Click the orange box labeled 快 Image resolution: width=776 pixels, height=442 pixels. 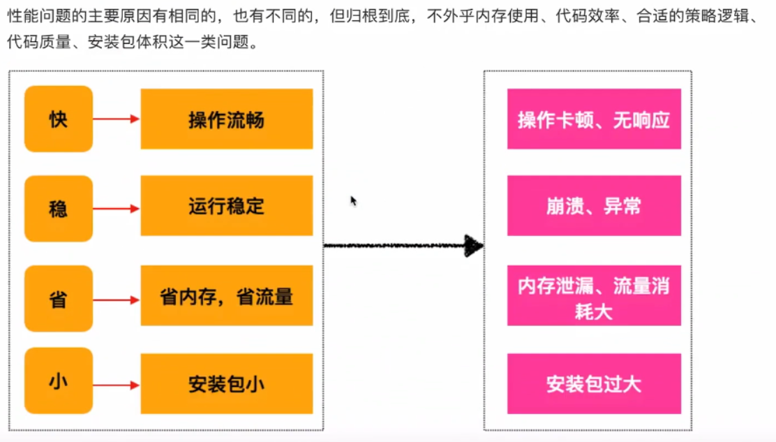point(59,119)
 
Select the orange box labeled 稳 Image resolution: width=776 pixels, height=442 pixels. point(59,208)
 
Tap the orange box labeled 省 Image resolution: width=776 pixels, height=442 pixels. point(59,299)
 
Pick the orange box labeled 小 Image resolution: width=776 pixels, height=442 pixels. point(59,381)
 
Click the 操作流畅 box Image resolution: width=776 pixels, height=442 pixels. point(226,119)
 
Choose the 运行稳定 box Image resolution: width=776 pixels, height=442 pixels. point(226,206)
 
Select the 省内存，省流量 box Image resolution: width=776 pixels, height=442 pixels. point(226,296)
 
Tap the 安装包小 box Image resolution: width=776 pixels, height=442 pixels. point(226,383)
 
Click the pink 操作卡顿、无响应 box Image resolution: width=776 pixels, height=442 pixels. point(594,119)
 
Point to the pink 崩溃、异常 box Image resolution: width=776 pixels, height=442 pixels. point(594,206)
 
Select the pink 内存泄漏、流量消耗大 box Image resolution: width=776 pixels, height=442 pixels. point(594,296)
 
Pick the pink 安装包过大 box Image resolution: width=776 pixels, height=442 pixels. point(594,383)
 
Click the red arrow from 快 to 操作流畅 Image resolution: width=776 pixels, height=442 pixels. point(116,119)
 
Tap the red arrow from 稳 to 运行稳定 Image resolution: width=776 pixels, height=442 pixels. point(116,208)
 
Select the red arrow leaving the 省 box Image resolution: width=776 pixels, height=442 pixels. point(116,300)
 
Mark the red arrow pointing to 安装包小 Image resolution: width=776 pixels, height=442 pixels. point(116,385)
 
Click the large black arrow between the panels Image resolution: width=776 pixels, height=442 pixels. point(403,245)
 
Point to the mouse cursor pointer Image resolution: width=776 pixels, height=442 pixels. point(353,200)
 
